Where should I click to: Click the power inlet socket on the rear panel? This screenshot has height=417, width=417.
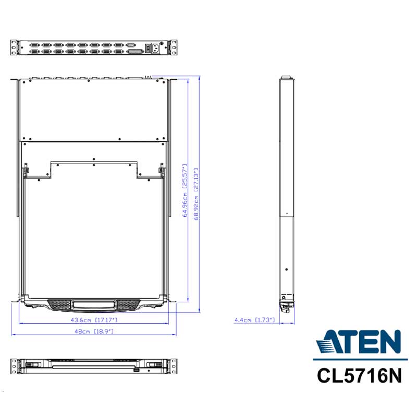(x=156, y=48)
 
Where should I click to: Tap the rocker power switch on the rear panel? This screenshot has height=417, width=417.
(x=148, y=48)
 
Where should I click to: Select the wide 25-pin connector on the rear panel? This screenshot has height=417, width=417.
(x=136, y=51)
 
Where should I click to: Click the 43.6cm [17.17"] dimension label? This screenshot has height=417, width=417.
(x=94, y=320)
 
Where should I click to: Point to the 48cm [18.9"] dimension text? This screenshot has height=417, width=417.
(x=94, y=331)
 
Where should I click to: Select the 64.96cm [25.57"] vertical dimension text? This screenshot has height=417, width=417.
(x=185, y=190)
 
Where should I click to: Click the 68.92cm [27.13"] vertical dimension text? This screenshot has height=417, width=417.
(x=197, y=194)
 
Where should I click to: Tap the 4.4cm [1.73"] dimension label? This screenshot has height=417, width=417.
(x=254, y=320)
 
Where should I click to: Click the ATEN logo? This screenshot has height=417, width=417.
(x=359, y=342)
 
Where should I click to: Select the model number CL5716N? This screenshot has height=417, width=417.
(x=359, y=376)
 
